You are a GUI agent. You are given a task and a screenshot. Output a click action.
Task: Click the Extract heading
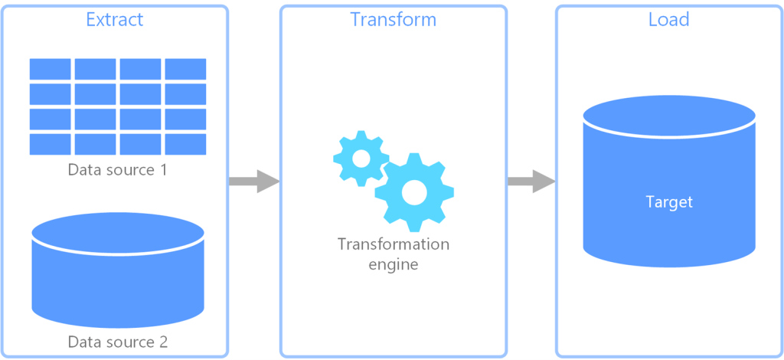pos(115,19)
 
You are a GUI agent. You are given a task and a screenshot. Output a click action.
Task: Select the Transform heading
pos(393,19)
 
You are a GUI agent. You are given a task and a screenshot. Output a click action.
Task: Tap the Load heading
pos(668,19)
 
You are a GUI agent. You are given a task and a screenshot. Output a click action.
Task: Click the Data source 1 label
pos(117,169)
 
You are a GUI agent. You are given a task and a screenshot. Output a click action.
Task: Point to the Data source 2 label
pos(117,341)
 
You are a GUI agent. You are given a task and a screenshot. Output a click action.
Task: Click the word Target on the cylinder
pos(669,202)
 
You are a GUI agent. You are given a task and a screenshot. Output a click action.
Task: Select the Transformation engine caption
pos(393,254)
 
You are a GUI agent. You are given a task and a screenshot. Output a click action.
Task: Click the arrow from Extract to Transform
pos(253,182)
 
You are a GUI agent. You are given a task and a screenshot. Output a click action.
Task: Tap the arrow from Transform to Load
pos(531,182)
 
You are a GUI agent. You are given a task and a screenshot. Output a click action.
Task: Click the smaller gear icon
pos(361,158)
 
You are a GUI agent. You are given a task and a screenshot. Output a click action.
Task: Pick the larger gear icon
pos(414,192)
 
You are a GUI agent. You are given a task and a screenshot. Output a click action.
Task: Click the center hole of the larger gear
pos(414,192)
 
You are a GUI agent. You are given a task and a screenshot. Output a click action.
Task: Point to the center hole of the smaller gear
pos(361,158)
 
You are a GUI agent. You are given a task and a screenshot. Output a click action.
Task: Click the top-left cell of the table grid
pos(50,69)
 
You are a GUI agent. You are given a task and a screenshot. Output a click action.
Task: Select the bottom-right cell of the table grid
pos(185,144)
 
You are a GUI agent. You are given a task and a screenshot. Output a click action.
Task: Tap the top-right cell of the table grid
pos(185,69)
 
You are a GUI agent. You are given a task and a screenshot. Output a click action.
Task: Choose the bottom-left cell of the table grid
pos(50,144)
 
